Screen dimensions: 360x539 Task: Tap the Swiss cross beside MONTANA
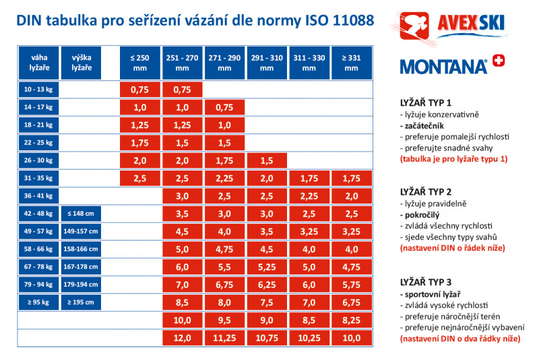click(x=499, y=61)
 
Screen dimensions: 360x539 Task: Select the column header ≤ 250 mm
click(x=139, y=63)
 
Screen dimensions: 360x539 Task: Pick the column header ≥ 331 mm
click(x=350, y=63)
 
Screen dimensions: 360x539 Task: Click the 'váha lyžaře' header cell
click(x=38, y=63)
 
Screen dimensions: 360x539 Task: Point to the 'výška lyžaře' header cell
click(x=82, y=63)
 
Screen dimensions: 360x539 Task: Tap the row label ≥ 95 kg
click(x=38, y=301)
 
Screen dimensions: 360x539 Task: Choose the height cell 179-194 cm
click(x=82, y=284)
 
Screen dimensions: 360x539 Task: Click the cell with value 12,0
click(x=183, y=337)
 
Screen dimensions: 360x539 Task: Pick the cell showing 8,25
click(x=350, y=320)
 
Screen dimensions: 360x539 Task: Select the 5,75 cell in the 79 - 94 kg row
click(x=350, y=284)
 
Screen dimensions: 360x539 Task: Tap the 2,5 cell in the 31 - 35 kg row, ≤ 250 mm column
click(x=139, y=178)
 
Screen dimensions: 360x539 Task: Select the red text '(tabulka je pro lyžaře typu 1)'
click(x=453, y=159)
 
